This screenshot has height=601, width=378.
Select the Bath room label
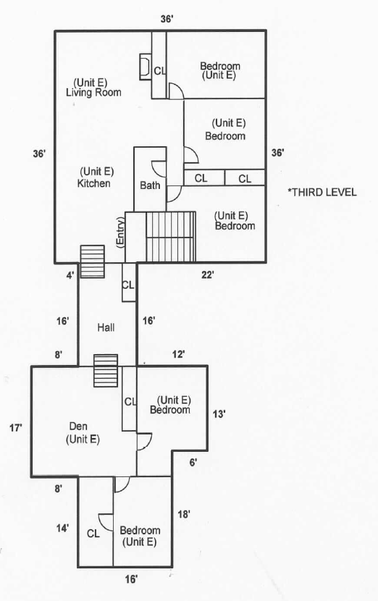tap(150, 185)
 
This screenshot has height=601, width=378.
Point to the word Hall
tap(106, 327)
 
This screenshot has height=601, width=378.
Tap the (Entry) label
tap(120, 233)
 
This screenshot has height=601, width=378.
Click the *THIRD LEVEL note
tap(322, 192)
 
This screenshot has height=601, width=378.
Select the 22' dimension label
tap(207, 274)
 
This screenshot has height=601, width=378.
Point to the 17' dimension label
tap(16, 427)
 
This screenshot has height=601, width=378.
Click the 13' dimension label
tap(219, 414)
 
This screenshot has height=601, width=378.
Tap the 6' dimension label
tap(193, 463)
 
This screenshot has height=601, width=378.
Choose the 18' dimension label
tap(184, 514)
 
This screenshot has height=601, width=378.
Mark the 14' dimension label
tap(62, 528)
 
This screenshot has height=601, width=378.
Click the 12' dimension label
tap(178, 354)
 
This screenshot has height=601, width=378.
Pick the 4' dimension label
tap(70, 275)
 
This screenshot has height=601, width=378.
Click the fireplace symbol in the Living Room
tap(146, 67)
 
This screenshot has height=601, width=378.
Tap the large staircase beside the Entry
tap(171, 237)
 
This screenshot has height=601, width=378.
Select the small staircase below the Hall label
tap(106, 371)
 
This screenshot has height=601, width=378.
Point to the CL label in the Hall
tap(128, 285)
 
